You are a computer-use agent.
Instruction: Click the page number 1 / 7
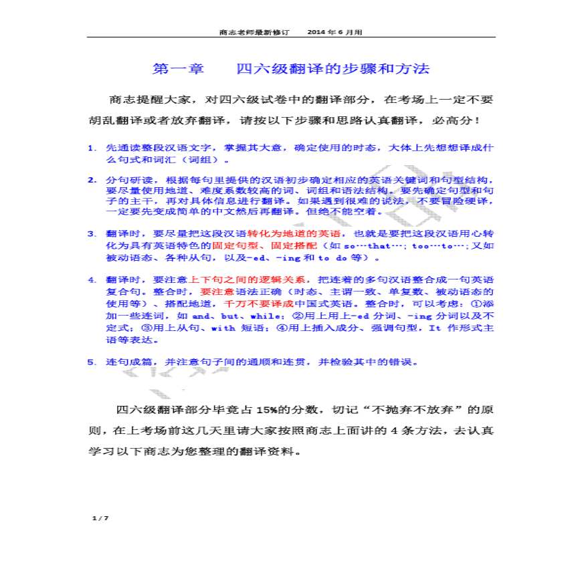(100, 518)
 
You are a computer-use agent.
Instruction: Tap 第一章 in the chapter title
(176, 69)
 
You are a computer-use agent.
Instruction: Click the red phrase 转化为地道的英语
(294, 233)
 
